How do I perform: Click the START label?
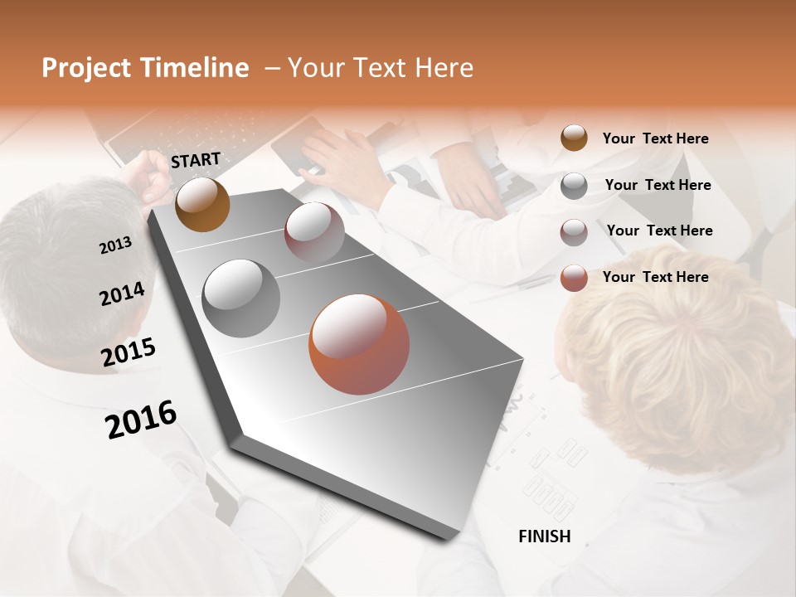(x=196, y=160)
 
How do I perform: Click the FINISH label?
(x=545, y=536)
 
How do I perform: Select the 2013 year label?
(x=115, y=245)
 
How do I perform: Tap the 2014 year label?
(x=123, y=294)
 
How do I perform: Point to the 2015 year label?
(x=129, y=352)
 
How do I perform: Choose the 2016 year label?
(x=141, y=420)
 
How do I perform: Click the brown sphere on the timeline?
(x=202, y=204)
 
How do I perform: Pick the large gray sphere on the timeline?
(x=241, y=298)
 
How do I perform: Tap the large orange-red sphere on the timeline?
(x=359, y=343)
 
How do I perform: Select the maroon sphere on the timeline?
(x=314, y=232)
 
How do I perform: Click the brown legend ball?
(x=574, y=138)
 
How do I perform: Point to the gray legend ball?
(x=574, y=186)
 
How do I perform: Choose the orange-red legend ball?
(x=574, y=278)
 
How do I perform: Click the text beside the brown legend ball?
(x=655, y=138)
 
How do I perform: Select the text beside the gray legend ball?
(x=658, y=185)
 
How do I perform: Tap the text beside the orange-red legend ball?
(x=655, y=277)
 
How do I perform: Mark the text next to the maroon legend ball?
(x=659, y=231)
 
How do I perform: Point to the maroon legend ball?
(x=574, y=232)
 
